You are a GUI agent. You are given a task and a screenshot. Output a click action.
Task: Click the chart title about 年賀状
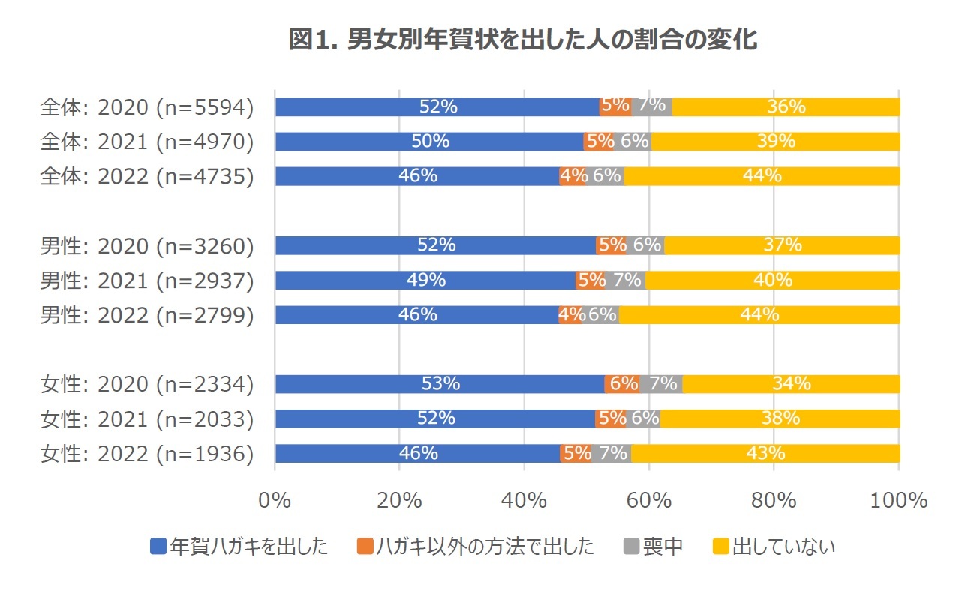pyautogui.click(x=523, y=39)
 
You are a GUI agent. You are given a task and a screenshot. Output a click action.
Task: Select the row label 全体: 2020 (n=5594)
pyautogui.click(x=146, y=107)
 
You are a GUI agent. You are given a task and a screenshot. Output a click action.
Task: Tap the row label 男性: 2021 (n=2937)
pyautogui.click(x=146, y=280)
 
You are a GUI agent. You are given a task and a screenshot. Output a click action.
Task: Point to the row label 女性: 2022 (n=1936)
pyautogui.click(x=146, y=454)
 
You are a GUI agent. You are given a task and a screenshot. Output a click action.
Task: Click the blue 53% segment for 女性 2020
pyautogui.click(x=440, y=384)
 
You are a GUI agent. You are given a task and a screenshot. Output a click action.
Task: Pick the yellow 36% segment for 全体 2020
pyautogui.click(x=786, y=107)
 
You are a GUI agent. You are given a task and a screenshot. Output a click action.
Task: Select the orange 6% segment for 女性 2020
pyautogui.click(x=623, y=384)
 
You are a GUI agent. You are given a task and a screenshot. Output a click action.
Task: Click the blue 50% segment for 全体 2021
pyautogui.click(x=429, y=142)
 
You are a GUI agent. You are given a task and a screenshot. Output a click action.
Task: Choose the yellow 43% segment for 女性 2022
pyautogui.click(x=765, y=454)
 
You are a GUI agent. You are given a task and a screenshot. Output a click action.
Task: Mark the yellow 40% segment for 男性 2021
pyautogui.click(x=773, y=280)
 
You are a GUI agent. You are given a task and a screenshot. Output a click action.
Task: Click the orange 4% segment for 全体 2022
pyautogui.click(x=573, y=176)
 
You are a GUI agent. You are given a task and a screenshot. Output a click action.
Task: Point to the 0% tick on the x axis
pyautogui.click(x=275, y=501)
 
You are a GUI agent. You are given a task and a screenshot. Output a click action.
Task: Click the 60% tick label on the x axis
pyautogui.click(x=648, y=501)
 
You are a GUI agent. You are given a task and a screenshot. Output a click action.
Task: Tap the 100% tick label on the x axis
pyautogui.click(x=899, y=501)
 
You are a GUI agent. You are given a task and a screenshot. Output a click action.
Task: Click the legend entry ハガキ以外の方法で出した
pyautogui.click(x=476, y=547)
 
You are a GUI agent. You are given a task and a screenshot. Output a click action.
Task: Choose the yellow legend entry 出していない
pyautogui.click(x=773, y=547)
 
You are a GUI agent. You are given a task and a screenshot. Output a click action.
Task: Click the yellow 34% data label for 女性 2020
pyautogui.click(x=792, y=384)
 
